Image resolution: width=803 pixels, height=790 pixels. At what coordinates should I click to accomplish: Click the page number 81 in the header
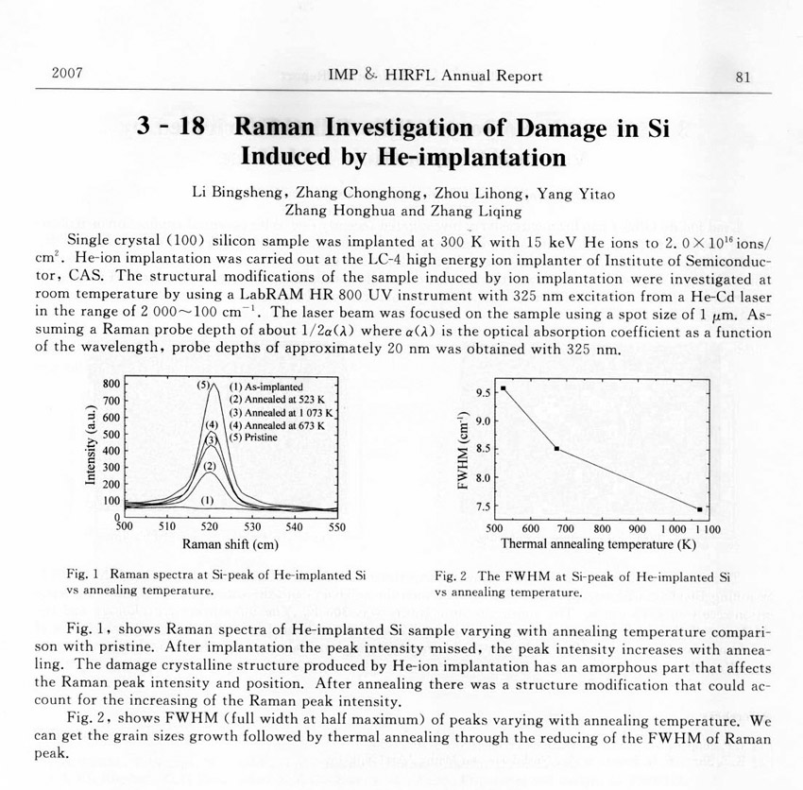742,77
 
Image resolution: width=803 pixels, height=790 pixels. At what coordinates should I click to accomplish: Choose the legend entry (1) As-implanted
269,387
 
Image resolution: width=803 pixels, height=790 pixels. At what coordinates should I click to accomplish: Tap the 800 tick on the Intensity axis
111,385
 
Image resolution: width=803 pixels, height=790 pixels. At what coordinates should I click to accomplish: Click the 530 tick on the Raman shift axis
253,527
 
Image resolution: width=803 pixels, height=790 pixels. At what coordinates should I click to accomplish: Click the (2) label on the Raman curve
211,466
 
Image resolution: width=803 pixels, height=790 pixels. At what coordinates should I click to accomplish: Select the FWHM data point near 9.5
504,387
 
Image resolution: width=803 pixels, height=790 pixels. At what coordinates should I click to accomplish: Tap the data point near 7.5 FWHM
699,509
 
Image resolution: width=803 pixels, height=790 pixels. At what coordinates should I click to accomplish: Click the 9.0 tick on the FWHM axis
483,421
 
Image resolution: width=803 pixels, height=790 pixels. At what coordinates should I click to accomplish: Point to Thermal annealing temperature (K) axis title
598,545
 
